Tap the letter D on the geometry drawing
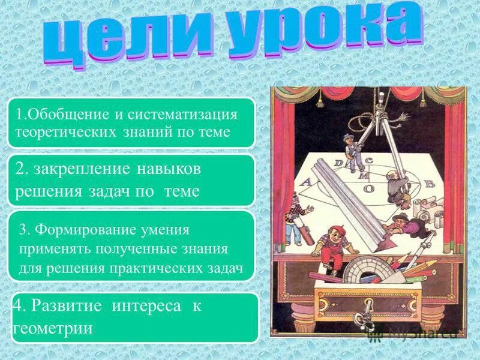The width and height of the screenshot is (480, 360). (339, 163)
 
